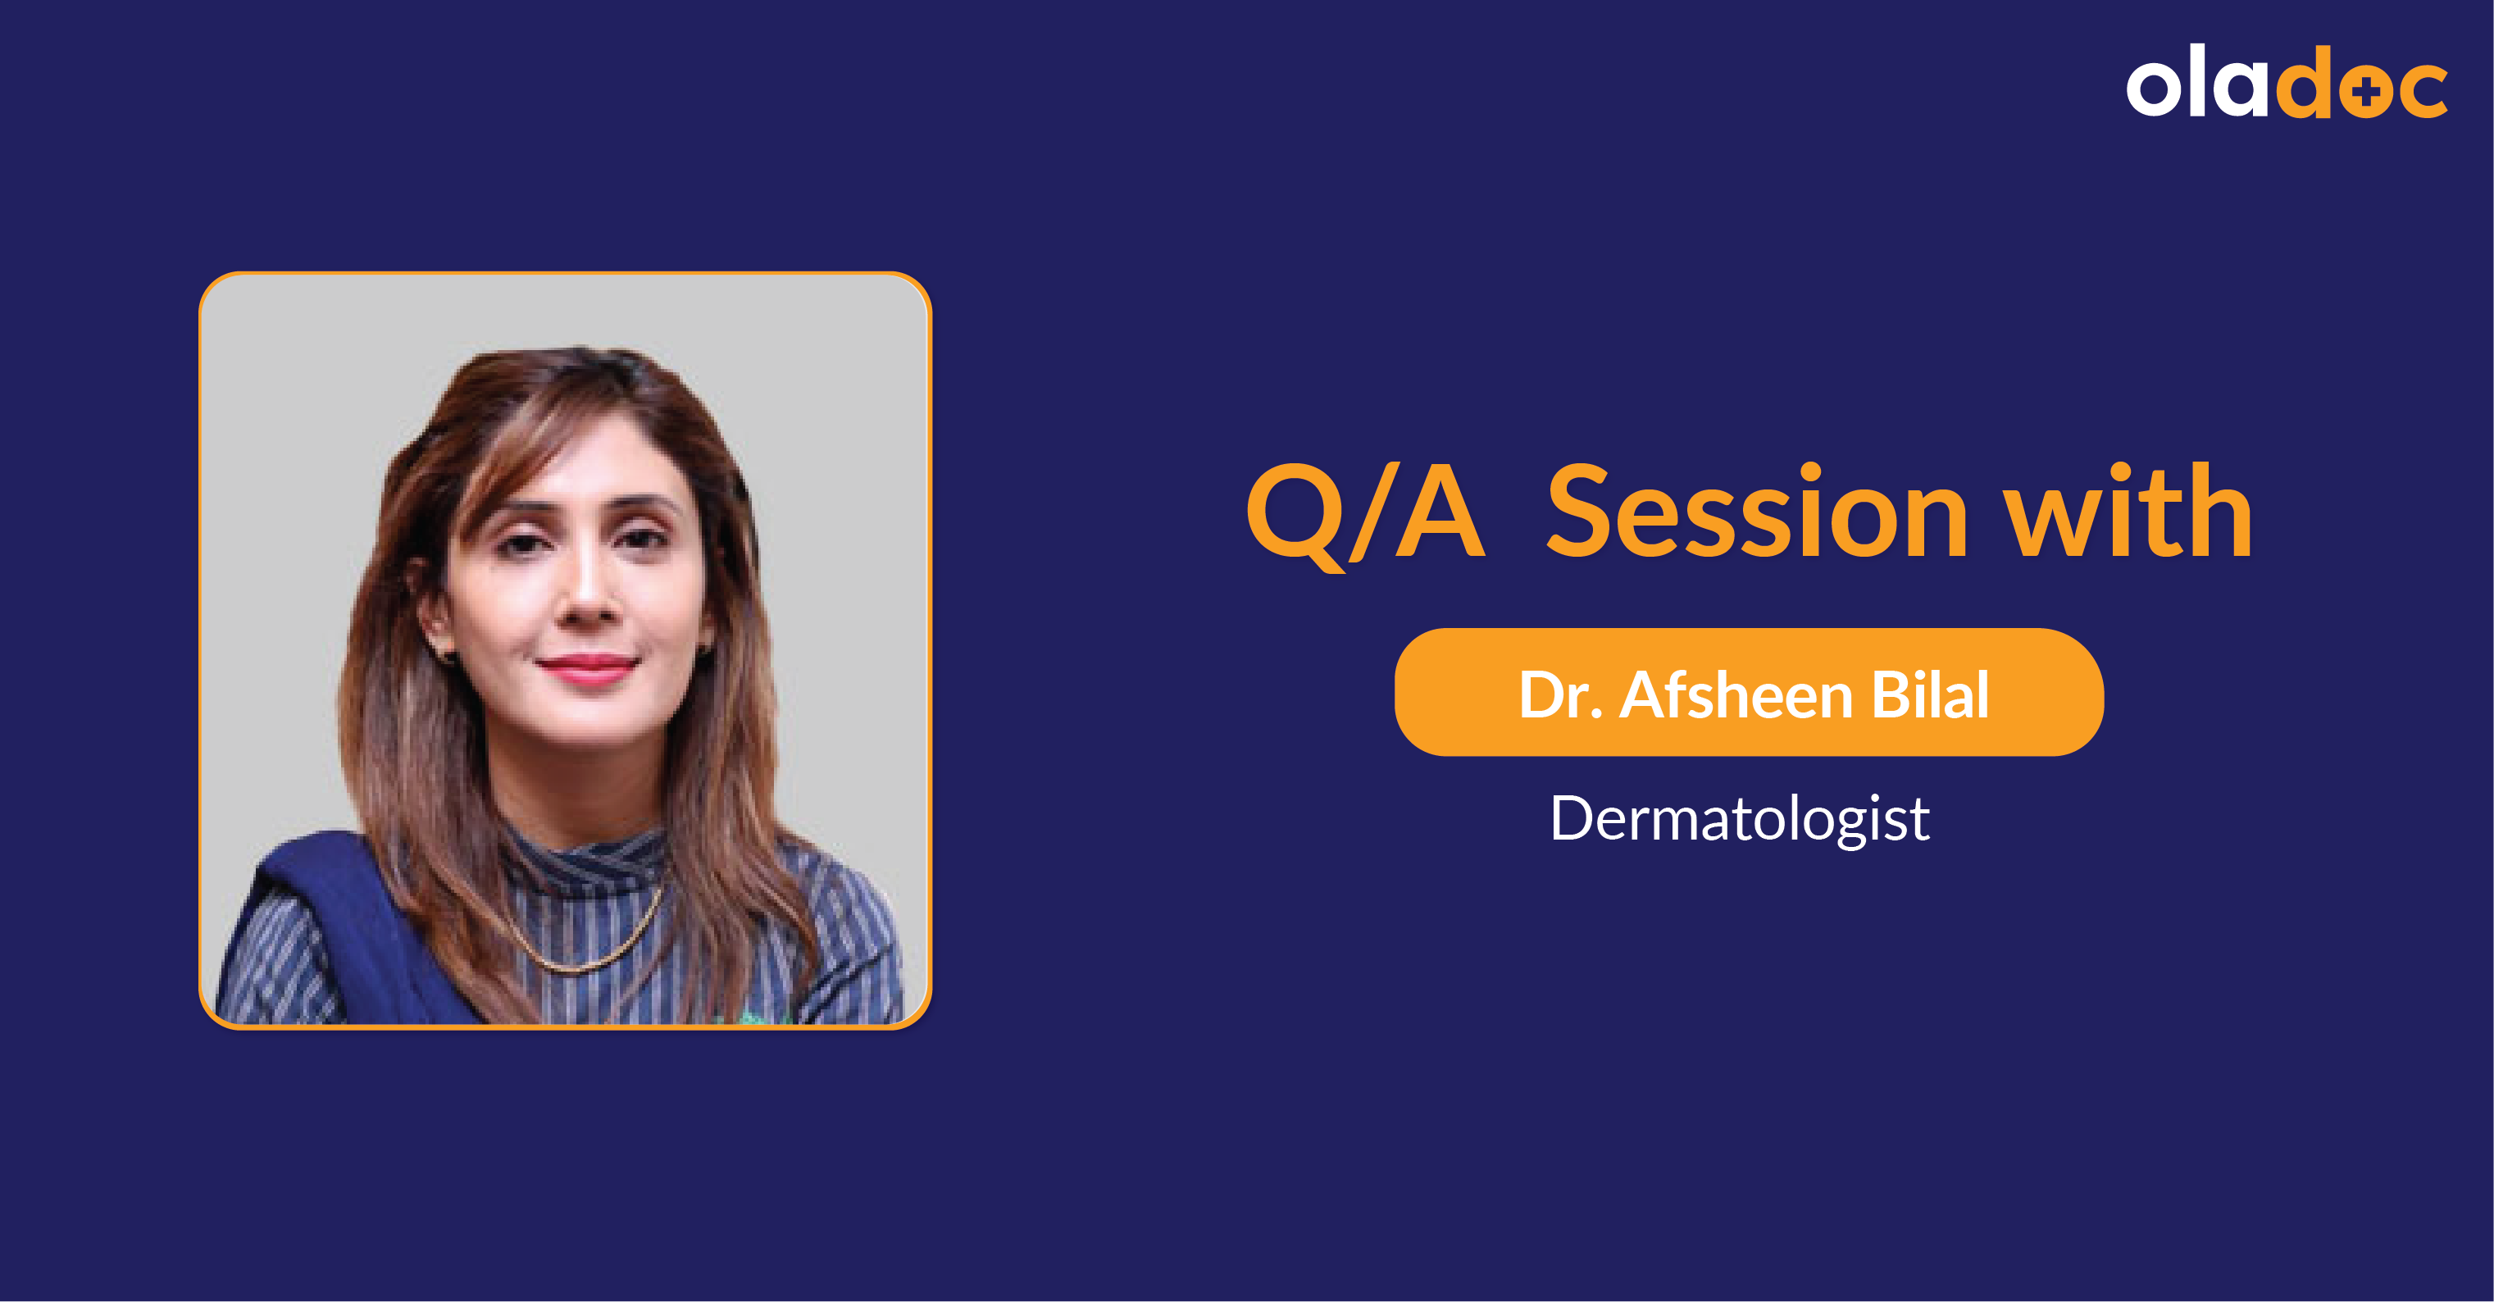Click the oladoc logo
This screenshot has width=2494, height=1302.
pos(2286,84)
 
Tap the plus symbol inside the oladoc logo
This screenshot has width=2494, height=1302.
pos(2366,92)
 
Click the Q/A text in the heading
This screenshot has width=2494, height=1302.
pos(1364,513)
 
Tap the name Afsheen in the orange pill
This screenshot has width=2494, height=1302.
pos(1736,694)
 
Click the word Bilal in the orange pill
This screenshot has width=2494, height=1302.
pos(1930,694)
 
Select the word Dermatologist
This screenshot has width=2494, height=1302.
pos(1739,819)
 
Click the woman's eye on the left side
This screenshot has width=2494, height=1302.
pos(524,542)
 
